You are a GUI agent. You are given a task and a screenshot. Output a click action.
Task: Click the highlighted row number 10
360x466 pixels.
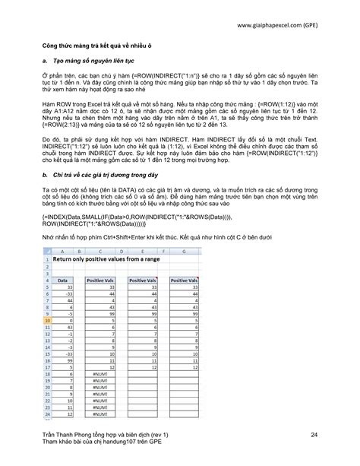47,320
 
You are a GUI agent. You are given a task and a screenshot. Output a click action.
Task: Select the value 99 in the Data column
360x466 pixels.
68,361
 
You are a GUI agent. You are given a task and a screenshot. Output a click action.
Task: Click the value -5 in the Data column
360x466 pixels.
68,313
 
